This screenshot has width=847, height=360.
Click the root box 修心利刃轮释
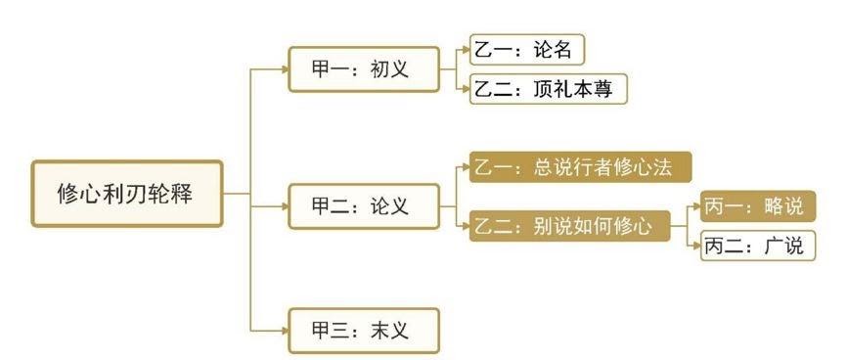click(127, 194)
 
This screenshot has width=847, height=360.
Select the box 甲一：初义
click(364, 69)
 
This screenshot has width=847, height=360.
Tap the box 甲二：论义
click(364, 206)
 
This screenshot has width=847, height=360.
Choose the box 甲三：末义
click(364, 331)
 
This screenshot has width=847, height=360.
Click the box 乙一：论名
click(526, 50)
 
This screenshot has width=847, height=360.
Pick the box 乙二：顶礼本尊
click(549, 89)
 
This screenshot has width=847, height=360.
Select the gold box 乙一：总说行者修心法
click(580, 167)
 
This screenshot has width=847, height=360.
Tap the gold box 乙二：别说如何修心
click(569, 226)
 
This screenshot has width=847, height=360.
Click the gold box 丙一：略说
click(758, 206)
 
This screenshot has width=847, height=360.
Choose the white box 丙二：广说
click(758, 246)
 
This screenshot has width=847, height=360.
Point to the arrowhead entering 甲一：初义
click(285, 69)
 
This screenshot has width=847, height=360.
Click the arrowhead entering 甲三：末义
click(285, 331)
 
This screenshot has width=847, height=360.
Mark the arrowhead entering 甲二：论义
click(285, 206)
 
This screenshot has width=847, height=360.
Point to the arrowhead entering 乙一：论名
click(467, 50)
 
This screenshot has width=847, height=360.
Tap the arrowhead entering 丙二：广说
click(697, 246)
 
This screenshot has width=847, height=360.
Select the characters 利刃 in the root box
click(124, 194)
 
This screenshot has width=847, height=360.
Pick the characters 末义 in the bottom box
click(389, 331)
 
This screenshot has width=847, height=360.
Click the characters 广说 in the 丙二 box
click(783, 247)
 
